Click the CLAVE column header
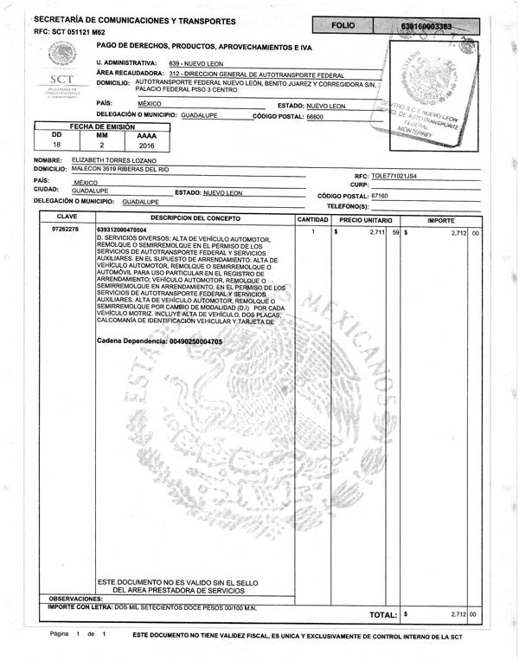click(x=67, y=217)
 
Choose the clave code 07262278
click(x=66, y=229)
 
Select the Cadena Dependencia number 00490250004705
click(x=197, y=342)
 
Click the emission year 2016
click(x=148, y=147)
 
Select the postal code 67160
click(x=380, y=196)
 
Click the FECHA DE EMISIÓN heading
click(x=102, y=126)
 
